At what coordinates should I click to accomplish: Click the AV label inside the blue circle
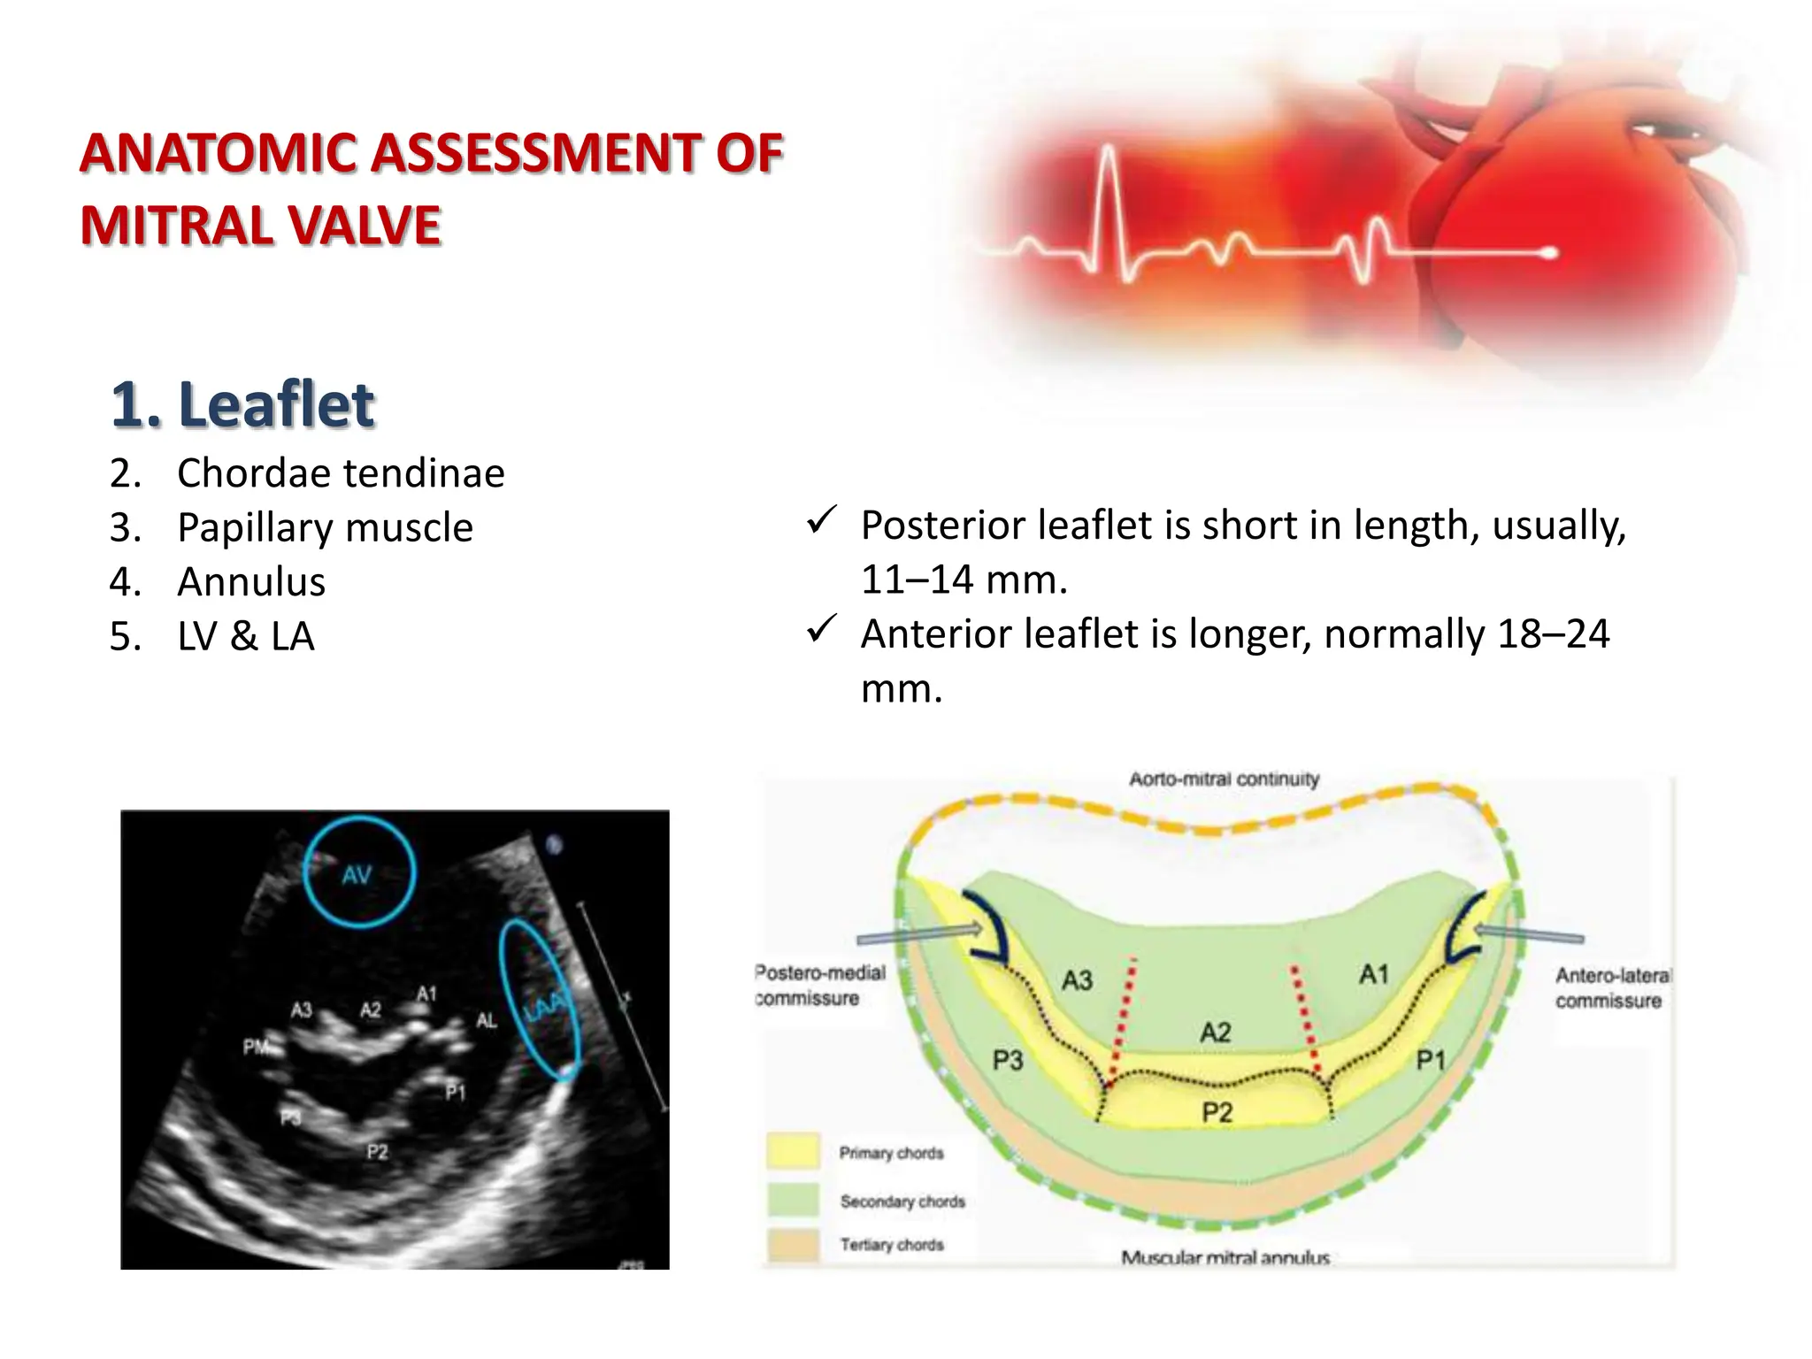(x=357, y=876)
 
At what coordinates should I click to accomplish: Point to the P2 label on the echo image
(x=377, y=1152)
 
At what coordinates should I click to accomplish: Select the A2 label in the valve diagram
(x=1215, y=1033)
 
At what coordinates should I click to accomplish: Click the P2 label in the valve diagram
(x=1217, y=1112)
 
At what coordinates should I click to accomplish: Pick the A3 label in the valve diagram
(x=1077, y=980)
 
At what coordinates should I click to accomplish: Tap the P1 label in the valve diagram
(x=1430, y=1059)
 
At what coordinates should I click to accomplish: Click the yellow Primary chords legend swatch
(x=793, y=1152)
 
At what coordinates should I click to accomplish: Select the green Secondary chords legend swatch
(x=793, y=1201)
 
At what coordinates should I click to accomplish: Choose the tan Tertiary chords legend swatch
(x=793, y=1245)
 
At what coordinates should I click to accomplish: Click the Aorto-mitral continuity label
(x=1224, y=779)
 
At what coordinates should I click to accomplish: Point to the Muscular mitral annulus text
(x=1225, y=1257)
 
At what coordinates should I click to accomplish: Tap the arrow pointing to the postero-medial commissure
(x=920, y=934)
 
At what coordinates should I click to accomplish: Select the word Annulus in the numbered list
(x=251, y=582)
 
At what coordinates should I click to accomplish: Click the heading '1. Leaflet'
(x=243, y=405)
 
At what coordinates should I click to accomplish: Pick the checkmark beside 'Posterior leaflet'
(x=822, y=521)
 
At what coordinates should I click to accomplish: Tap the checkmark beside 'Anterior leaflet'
(x=822, y=630)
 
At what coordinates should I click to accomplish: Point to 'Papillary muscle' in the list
(x=325, y=528)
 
